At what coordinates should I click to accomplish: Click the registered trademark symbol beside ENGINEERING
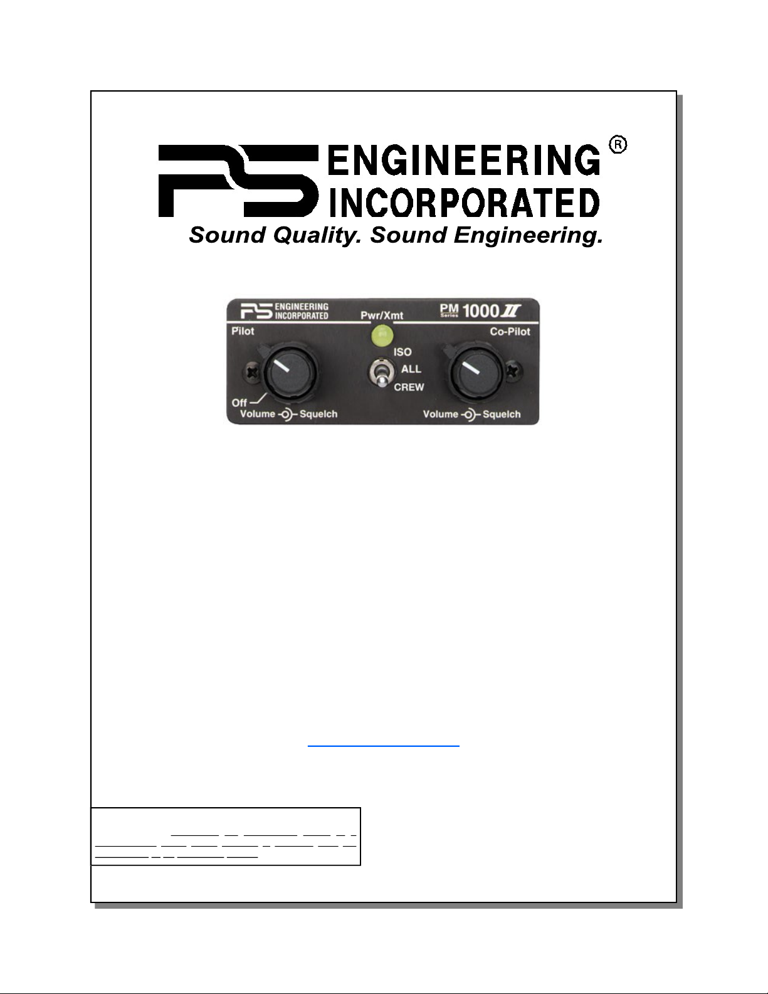[618, 145]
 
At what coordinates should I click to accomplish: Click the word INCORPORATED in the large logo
[464, 203]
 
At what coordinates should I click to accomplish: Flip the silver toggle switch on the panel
[379, 375]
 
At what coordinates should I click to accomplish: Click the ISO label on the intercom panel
[402, 352]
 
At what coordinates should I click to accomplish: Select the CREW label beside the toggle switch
[409, 388]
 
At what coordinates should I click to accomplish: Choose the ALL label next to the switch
[411, 369]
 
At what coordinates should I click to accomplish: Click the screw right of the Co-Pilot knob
[513, 371]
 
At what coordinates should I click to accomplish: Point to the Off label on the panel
[239, 403]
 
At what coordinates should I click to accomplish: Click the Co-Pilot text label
[510, 332]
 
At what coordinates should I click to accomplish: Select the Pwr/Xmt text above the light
[382, 315]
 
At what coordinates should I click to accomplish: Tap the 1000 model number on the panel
[480, 311]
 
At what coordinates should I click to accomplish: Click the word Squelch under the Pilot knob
[318, 415]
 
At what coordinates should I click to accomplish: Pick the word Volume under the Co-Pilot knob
[440, 415]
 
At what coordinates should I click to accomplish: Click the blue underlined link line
[384, 746]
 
